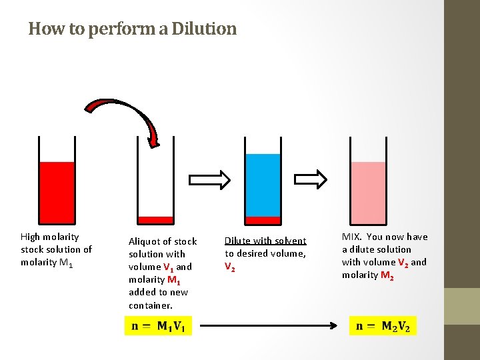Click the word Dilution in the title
[x=203, y=29]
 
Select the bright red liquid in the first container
[x=57, y=190]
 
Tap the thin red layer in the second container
[x=155, y=219]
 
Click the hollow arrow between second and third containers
[x=210, y=179]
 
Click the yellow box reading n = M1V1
[x=159, y=326]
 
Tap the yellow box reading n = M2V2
[x=383, y=326]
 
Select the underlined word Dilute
[x=238, y=241]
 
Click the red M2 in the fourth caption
[x=387, y=275]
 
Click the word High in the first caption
[x=31, y=237]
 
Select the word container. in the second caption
[x=151, y=305]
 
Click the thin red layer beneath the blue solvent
[x=263, y=220]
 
